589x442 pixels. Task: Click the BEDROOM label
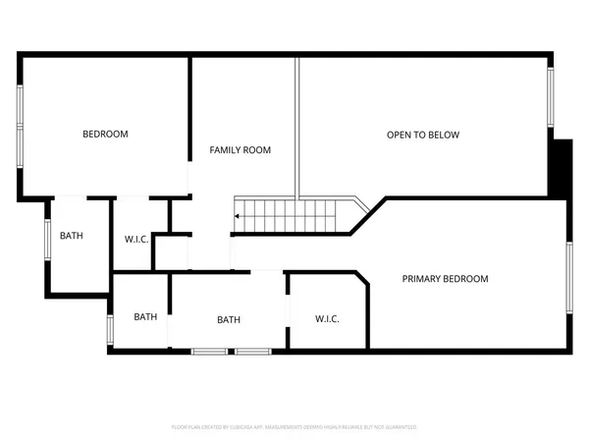(105, 135)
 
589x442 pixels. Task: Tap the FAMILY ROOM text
(241, 150)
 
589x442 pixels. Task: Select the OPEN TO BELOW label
(423, 135)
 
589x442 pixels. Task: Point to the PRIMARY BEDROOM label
(445, 279)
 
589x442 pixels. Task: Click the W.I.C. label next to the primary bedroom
(327, 319)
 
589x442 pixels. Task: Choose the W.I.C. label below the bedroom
(136, 240)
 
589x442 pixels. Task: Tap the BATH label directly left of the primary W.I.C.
(229, 319)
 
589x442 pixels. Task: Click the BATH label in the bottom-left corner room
(145, 316)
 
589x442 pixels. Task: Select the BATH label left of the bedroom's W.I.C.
(72, 236)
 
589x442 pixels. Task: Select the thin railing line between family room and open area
(297, 128)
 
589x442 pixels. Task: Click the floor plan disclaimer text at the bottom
(294, 427)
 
